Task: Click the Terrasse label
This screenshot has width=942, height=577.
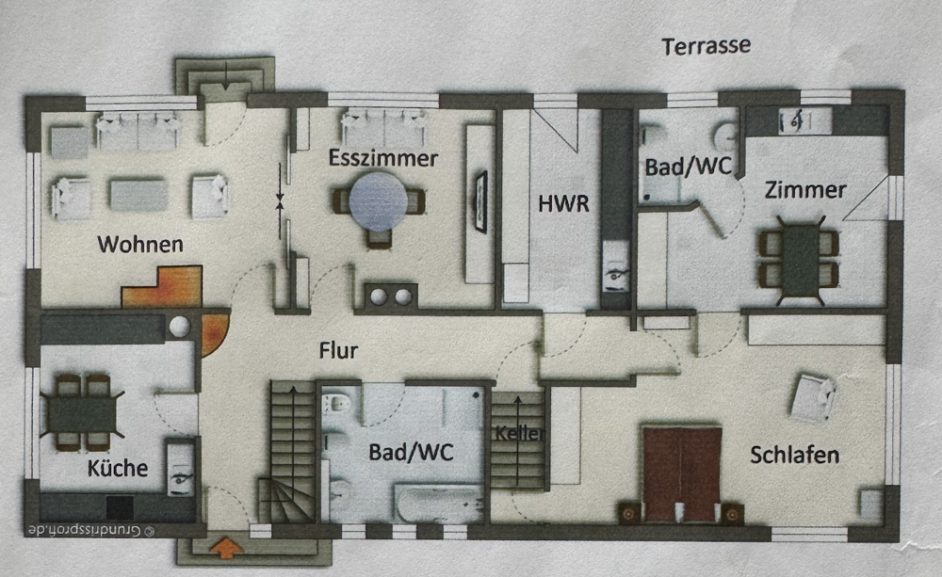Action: (x=706, y=46)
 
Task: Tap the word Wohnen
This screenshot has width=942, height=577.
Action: (x=140, y=245)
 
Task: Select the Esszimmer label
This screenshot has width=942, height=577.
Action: (x=382, y=158)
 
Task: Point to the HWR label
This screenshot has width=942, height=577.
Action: (x=563, y=204)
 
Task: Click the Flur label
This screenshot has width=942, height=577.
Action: (x=338, y=350)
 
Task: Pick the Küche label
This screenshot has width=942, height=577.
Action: (x=118, y=468)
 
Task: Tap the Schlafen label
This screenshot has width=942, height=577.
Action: (x=794, y=455)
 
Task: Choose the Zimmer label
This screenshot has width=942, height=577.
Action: (x=805, y=190)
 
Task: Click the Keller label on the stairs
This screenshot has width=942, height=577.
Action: (x=520, y=432)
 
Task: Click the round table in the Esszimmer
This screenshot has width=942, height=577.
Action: (x=379, y=201)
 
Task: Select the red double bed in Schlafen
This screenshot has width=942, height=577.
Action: (x=681, y=474)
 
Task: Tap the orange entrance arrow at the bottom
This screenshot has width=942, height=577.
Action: (x=226, y=547)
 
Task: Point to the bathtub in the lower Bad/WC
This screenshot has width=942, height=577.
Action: (x=439, y=504)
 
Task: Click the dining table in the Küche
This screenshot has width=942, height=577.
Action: (x=82, y=413)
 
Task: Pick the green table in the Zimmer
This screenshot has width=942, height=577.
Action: (x=800, y=260)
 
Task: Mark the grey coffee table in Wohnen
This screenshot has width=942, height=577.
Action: (x=138, y=195)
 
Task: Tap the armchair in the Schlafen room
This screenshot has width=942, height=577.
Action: (x=812, y=398)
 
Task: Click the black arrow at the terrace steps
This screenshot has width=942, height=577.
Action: (x=225, y=75)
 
